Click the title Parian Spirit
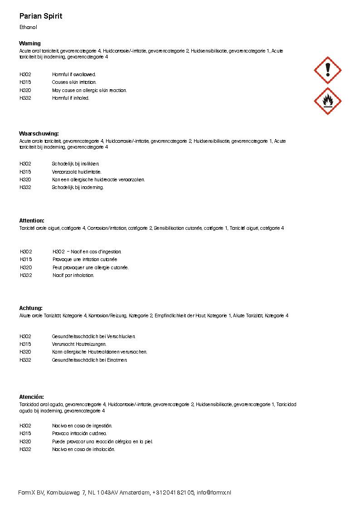click(x=41, y=16)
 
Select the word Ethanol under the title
click(x=28, y=27)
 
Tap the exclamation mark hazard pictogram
click(x=327, y=70)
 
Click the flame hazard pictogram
click(x=327, y=101)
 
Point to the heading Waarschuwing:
click(x=39, y=134)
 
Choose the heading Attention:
click(x=32, y=221)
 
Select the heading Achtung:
click(x=31, y=308)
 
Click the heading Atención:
click(x=32, y=397)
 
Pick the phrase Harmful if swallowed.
click(x=74, y=74)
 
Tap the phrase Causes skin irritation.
click(x=74, y=82)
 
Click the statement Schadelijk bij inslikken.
click(x=75, y=164)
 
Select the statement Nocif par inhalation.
click(x=73, y=276)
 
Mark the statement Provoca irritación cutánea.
click(x=79, y=434)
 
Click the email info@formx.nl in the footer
click(x=214, y=493)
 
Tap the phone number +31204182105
click(x=174, y=493)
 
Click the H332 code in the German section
click(x=25, y=360)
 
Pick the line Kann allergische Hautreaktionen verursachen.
click(x=99, y=352)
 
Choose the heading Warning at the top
click(x=30, y=44)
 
